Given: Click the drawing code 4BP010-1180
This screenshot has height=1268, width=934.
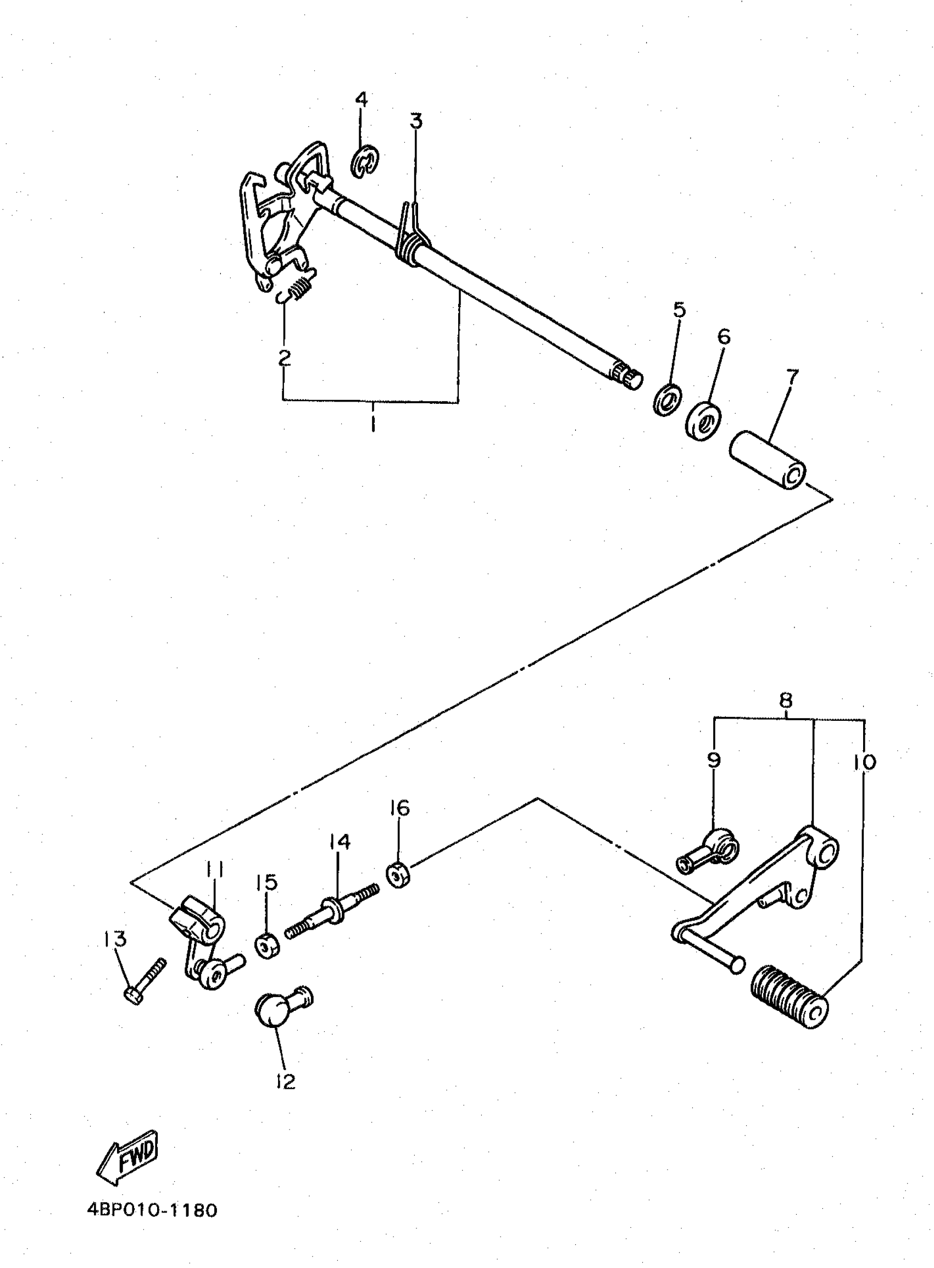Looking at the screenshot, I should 152,1210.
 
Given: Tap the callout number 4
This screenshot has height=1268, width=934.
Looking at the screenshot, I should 362,99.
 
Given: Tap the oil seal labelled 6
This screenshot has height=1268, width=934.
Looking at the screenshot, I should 703,422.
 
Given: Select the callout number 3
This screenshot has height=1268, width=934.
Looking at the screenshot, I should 416,121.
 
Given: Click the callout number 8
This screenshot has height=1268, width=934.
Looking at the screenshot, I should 785,701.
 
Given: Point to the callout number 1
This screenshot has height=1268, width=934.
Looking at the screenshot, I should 373,424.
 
